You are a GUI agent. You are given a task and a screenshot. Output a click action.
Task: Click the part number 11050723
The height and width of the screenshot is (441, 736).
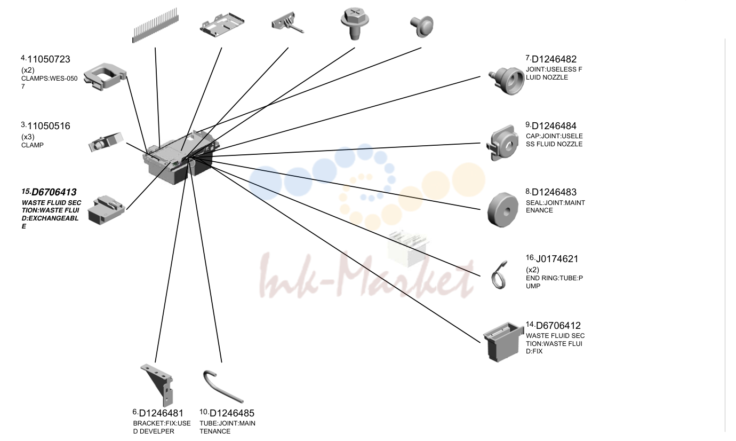click(49, 59)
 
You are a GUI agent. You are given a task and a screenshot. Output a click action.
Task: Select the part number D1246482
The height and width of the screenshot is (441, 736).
click(554, 59)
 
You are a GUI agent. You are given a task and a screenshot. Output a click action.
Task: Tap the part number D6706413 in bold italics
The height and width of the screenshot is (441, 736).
click(54, 192)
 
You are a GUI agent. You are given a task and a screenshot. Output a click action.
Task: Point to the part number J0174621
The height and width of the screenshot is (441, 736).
click(557, 259)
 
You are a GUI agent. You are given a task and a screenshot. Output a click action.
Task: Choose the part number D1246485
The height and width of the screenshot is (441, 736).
click(232, 413)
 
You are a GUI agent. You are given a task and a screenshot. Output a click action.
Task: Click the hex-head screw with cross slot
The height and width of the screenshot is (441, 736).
click(355, 23)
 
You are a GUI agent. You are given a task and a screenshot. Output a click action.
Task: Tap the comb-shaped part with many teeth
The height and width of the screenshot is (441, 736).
click(155, 26)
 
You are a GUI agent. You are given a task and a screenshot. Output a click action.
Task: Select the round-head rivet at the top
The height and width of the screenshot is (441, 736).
click(422, 26)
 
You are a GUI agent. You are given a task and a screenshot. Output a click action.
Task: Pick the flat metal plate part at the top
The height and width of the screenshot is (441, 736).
click(222, 25)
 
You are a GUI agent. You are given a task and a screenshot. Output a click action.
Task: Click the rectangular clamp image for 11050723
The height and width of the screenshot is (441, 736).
click(105, 77)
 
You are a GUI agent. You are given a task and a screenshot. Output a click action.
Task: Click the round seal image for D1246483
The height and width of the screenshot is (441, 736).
click(503, 210)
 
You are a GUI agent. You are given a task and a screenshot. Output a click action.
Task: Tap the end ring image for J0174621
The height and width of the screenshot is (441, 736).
click(499, 276)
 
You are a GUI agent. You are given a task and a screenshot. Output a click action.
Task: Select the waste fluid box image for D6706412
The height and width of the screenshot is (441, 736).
click(503, 342)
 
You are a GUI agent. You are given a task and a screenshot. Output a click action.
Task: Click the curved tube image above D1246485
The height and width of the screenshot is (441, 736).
click(222, 387)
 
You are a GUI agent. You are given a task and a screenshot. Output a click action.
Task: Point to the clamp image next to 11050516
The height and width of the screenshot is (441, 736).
click(105, 142)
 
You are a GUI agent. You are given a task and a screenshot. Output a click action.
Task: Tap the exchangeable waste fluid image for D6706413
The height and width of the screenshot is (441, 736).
click(107, 210)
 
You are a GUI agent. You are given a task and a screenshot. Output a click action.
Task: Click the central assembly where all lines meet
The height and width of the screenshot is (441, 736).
click(181, 157)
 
